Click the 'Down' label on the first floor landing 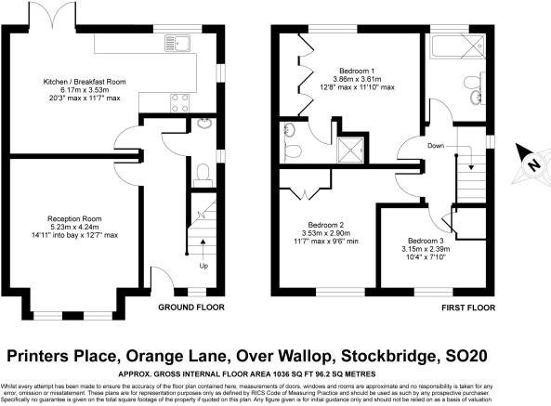[435, 146]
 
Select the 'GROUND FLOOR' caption [190, 307]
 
